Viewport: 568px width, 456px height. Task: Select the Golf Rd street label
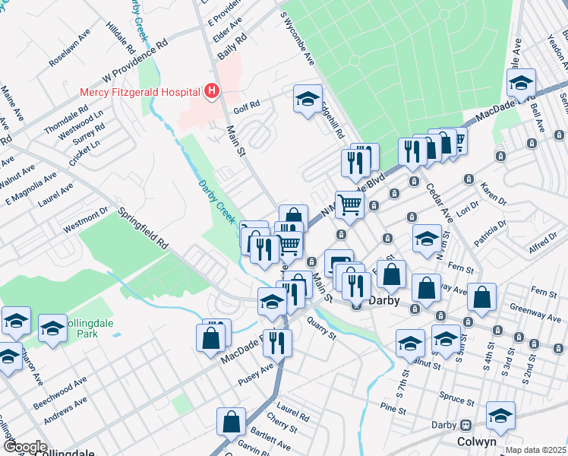pos(247,109)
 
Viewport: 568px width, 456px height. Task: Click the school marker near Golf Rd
pos(308,99)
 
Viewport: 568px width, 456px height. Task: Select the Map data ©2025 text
pos(536,450)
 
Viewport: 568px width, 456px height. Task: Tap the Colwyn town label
pos(476,442)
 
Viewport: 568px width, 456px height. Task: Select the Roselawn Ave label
pos(69,49)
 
